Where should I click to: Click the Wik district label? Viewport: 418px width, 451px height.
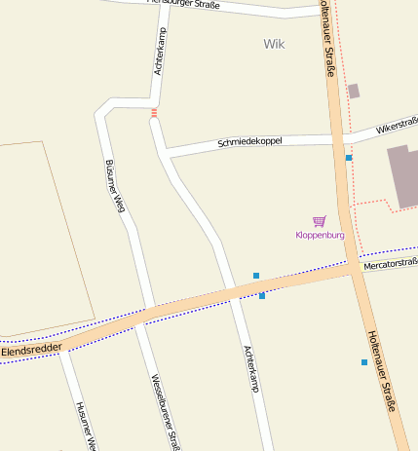coord(275,44)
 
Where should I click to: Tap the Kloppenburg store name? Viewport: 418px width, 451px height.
coord(320,235)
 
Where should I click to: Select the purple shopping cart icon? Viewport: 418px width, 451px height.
coord(319,222)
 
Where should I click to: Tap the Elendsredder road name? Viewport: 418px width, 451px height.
coord(31,348)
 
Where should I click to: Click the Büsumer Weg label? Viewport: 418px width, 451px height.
coord(115,184)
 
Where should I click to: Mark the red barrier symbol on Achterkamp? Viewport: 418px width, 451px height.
coord(154,113)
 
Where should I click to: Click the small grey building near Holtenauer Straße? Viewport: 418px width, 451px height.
coord(353,91)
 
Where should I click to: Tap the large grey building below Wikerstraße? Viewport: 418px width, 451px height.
coord(403,175)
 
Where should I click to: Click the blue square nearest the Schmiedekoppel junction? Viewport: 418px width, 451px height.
coord(348,157)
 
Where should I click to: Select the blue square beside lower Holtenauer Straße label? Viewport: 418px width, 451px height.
coord(364,362)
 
